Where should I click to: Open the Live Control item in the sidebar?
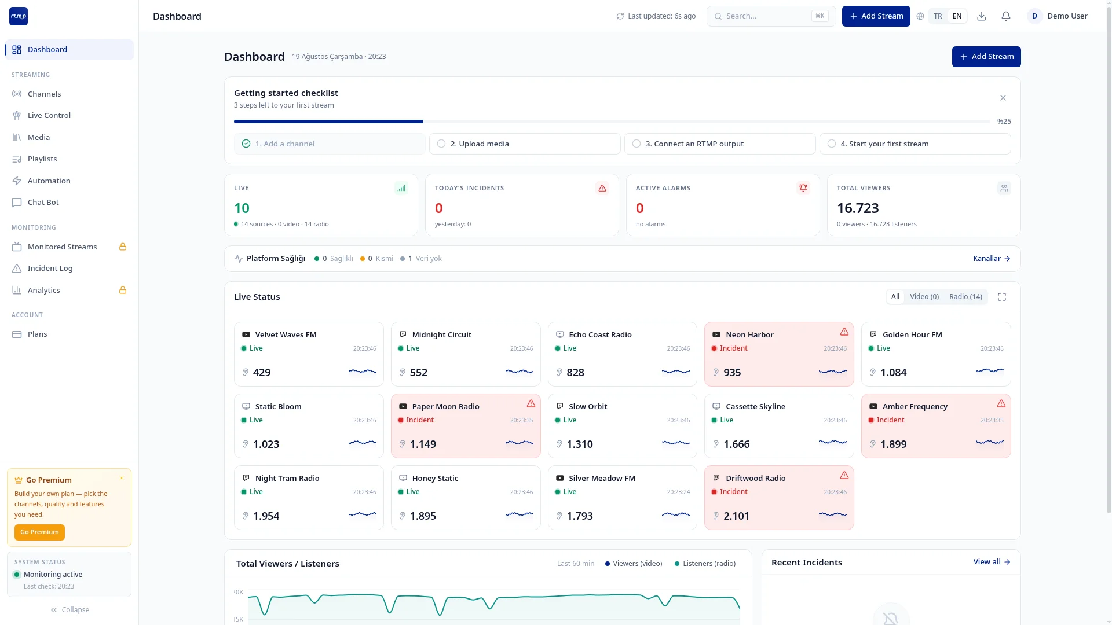click(x=49, y=115)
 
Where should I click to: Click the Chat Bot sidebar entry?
click(x=43, y=202)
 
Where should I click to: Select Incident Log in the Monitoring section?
click(x=50, y=268)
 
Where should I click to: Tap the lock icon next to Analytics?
click(x=123, y=290)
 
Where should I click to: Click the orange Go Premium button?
click(x=39, y=532)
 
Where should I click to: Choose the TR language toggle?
click(x=938, y=16)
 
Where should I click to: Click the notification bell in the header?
click(x=1006, y=16)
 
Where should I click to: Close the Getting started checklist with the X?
click(x=1003, y=98)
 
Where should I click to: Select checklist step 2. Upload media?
click(x=525, y=144)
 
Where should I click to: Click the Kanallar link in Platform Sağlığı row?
click(x=992, y=259)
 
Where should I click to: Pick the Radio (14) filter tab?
click(x=965, y=297)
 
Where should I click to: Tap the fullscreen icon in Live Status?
click(x=1002, y=297)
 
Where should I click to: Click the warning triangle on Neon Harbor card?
click(x=844, y=332)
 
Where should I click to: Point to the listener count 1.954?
click(x=266, y=516)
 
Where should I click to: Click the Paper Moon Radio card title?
click(x=446, y=406)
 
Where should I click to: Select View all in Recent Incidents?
click(x=992, y=562)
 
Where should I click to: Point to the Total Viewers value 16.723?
click(x=858, y=208)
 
